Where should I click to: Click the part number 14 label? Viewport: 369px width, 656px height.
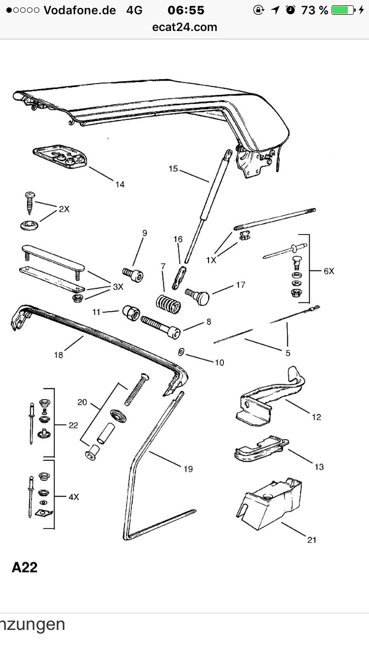[x=120, y=184]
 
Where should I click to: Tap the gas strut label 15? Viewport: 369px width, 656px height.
[x=173, y=169]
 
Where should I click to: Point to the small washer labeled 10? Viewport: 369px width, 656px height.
[x=181, y=352]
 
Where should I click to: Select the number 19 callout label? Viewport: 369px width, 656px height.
[x=188, y=469]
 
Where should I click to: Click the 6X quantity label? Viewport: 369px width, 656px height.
[x=329, y=270]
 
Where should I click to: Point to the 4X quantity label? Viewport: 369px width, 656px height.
[x=74, y=497]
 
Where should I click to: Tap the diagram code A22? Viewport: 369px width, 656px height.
[x=25, y=567]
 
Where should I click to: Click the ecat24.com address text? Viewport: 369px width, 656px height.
[x=184, y=27]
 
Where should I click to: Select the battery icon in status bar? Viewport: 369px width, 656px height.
[x=343, y=10]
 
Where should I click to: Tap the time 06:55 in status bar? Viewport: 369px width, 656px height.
[x=185, y=10]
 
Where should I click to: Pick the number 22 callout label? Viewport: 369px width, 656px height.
[x=73, y=425]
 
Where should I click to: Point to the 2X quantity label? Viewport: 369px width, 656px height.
[x=64, y=209]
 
